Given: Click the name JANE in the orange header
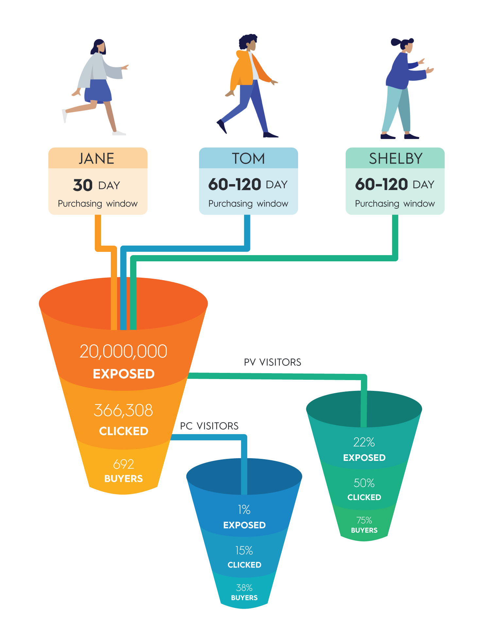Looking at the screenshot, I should [x=96, y=159].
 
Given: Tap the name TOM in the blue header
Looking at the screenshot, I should [x=248, y=159].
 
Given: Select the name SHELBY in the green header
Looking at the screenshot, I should [x=396, y=159].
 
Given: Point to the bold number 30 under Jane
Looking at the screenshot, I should [x=83, y=185].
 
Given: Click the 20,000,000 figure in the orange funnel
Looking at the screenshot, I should [x=123, y=352].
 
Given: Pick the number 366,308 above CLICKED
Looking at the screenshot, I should [x=123, y=410].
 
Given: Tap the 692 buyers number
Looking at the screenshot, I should [x=123, y=464].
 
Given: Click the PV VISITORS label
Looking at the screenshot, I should [x=272, y=362].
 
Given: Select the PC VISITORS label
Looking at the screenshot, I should [x=209, y=426].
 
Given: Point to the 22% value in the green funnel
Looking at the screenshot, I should [x=364, y=443].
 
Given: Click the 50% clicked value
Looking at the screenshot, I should [x=364, y=483].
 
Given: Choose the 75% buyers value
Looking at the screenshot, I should [x=364, y=520].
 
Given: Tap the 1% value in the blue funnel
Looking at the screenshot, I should [x=244, y=510].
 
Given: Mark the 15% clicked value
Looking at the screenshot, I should [x=244, y=550].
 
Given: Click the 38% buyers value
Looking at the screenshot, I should [x=244, y=588].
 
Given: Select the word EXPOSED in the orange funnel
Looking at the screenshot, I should [x=124, y=374].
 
